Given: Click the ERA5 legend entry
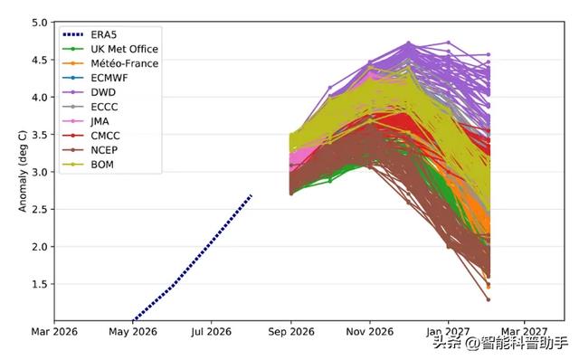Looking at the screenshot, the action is [x=104, y=34].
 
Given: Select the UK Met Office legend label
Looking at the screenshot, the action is [x=125, y=49].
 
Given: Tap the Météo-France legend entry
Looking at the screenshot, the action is [x=125, y=63].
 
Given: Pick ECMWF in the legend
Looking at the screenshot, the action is [x=109, y=78].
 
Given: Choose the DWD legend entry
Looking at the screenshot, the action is [x=103, y=92].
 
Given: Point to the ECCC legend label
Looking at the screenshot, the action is [x=105, y=107].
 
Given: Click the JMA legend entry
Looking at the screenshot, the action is [x=100, y=121].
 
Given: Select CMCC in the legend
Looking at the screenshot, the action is [x=105, y=136].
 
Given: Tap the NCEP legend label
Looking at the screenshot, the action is [x=105, y=150].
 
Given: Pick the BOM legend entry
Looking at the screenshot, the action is [x=102, y=165].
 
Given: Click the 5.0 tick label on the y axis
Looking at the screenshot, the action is [x=40, y=23].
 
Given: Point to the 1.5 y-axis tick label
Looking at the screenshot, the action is [x=40, y=284].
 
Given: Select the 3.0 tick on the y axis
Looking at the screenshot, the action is [x=40, y=172].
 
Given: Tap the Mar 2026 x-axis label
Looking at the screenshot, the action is [x=54, y=332].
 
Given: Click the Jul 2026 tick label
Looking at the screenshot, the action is [x=211, y=332].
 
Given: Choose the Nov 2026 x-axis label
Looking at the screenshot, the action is [x=370, y=332].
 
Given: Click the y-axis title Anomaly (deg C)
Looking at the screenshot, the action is [x=23, y=171].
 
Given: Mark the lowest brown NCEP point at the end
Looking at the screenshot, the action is [x=489, y=299].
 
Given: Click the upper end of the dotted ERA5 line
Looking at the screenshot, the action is [x=252, y=195].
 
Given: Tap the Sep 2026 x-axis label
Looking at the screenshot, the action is [x=291, y=332].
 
